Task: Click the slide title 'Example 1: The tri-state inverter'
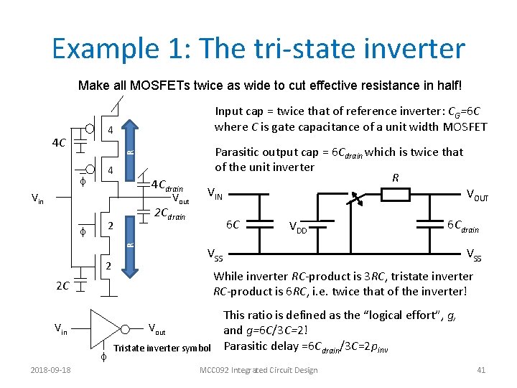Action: click(258, 49)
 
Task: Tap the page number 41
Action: click(482, 370)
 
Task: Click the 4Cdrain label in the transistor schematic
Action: click(167, 186)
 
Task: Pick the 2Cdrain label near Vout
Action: click(170, 214)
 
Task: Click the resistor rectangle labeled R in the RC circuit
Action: click(394, 194)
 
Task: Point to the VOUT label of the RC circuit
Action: click(478, 194)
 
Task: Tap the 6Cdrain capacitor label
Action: click(463, 226)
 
